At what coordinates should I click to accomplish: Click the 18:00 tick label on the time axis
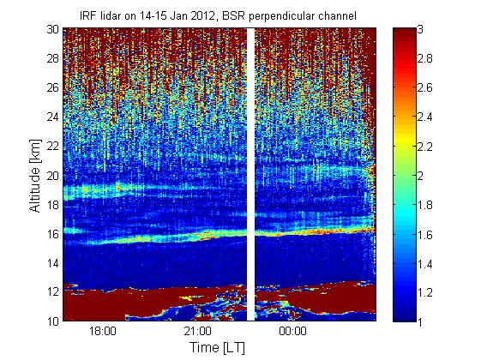click(103, 331)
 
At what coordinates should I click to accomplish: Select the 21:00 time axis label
click(198, 331)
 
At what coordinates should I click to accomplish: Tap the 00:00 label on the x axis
click(292, 331)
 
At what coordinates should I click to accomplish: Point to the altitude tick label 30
click(53, 29)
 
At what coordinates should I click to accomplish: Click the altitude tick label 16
click(53, 234)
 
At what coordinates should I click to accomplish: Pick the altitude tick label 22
click(53, 146)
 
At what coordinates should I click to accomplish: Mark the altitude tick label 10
click(53, 321)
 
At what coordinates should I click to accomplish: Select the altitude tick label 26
click(53, 87)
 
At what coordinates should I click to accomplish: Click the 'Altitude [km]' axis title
click(35, 176)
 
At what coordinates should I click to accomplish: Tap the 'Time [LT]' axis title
click(218, 347)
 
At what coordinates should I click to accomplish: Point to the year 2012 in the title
click(203, 15)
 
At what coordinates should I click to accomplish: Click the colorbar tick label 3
click(420, 29)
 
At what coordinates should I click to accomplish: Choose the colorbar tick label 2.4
click(425, 117)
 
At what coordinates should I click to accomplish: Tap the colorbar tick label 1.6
click(425, 235)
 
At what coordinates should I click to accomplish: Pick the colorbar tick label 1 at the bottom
click(420, 321)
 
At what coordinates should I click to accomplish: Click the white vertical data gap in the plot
click(251, 174)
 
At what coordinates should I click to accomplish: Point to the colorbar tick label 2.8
click(425, 58)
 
